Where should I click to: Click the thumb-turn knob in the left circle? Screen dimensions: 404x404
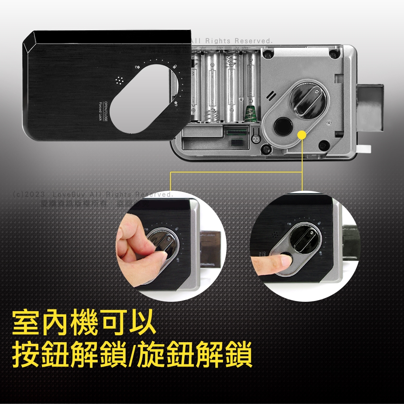(x=162, y=244)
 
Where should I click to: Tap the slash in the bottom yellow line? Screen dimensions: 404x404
(x=131, y=355)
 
